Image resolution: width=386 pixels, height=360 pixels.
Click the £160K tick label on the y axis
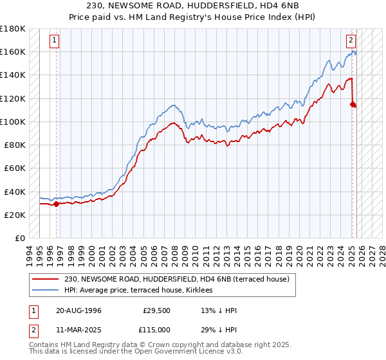(13, 51)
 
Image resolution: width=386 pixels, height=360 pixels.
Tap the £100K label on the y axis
(13, 122)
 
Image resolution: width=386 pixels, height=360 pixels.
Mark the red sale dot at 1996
(56, 204)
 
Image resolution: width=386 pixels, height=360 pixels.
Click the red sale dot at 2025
(353, 104)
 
